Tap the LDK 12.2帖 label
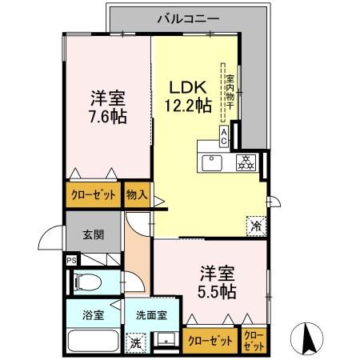point(189,95)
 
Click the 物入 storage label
point(136,195)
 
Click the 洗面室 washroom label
point(150,314)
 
